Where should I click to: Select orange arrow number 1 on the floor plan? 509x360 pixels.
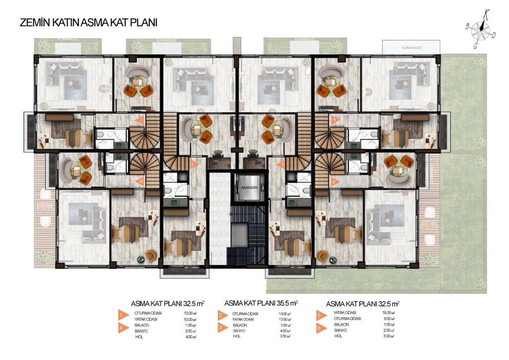[140, 120]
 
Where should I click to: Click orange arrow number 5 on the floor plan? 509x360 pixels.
[335, 182]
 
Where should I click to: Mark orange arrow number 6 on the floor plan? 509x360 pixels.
[140, 182]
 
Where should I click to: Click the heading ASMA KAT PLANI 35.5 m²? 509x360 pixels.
[261, 303]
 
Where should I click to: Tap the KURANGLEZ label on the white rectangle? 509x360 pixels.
[412, 48]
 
